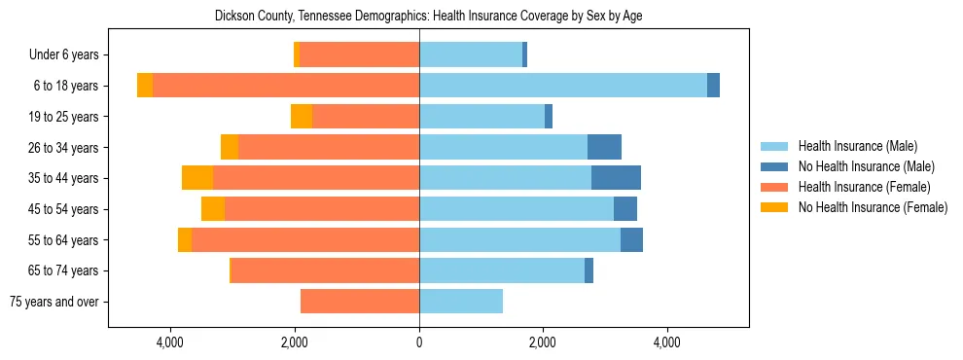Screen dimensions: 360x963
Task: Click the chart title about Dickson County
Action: [x=428, y=16]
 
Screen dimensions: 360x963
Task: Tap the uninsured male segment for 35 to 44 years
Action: [x=616, y=178]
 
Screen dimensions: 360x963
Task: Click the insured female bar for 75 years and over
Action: [x=360, y=302]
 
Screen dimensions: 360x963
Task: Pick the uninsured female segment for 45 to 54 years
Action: [x=213, y=209]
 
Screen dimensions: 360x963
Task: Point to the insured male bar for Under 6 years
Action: [x=471, y=54]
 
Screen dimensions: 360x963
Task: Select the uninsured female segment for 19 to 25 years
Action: [x=302, y=117]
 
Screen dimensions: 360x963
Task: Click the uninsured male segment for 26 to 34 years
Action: [x=604, y=147]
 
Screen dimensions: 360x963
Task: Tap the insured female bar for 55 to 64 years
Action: [x=305, y=240]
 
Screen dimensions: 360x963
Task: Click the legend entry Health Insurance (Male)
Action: [x=857, y=146]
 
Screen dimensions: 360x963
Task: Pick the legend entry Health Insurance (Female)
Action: [x=864, y=187]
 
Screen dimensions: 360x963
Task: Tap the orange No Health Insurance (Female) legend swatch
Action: [x=774, y=207]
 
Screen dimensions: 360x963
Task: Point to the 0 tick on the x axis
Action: [x=419, y=342]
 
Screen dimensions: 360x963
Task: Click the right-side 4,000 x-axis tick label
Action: [x=667, y=342]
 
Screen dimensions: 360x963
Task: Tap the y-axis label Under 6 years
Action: [x=71, y=54]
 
